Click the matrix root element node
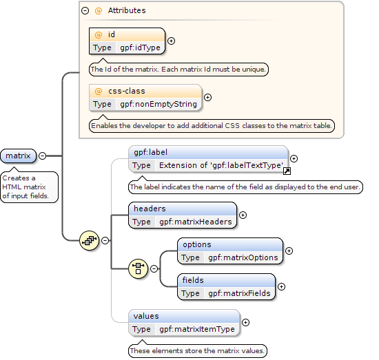[x=19, y=156]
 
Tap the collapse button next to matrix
[x=42, y=156]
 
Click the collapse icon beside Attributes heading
[x=85, y=10]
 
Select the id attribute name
[x=112, y=34]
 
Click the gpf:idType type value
[x=140, y=47]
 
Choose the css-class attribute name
[x=127, y=91]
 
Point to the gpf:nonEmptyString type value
[x=158, y=104]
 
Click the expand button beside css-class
[x=207, y=97]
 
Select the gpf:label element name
[x=151, y=152]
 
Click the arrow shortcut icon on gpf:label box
[x=287, y=171]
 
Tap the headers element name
[x=150, y=209]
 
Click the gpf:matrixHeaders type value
[x=196, y=222]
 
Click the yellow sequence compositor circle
[x=89, y=240]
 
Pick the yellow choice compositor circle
[x=138, y=268]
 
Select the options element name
[x=197, y=244]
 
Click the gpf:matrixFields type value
[x=239, y=293]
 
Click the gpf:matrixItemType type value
[x=197, y=329]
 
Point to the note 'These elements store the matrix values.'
[x=198, y=350]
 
